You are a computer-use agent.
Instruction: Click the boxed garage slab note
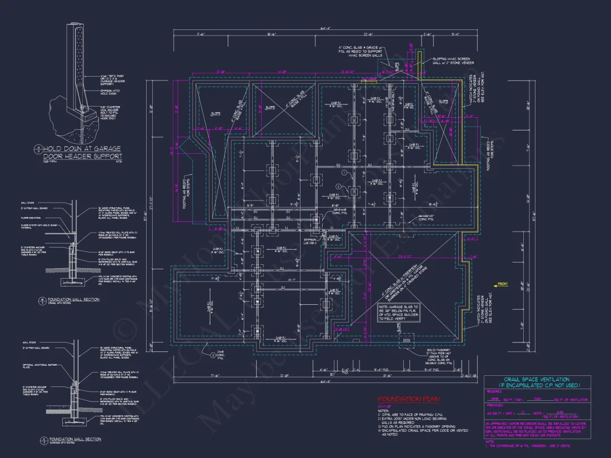tap(399, 313)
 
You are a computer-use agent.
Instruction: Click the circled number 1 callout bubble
tap(344, 173)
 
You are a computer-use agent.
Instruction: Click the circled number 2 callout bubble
tap(337, 187)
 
